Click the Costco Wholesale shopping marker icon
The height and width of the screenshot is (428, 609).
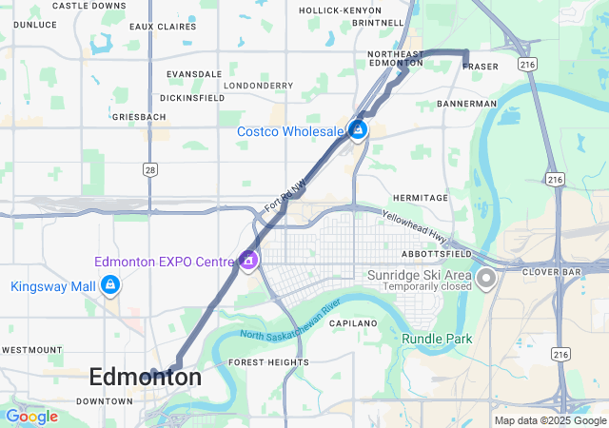coord(358,130)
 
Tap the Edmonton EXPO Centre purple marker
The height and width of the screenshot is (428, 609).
coord(248,260)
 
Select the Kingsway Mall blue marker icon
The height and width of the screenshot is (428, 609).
coord(111,285)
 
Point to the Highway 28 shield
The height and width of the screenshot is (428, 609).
coord(150,168)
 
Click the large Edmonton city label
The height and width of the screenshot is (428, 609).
coord(145,378)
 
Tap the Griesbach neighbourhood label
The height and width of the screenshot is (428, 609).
coord(138,117)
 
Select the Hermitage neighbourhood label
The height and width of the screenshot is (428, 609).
coord(420,198)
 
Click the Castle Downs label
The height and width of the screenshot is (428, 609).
coord(88,6)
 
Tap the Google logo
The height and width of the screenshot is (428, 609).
coord(31,417)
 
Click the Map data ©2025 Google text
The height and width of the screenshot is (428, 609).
coord(549,420)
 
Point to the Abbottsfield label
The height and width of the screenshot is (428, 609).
coord(437,255)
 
